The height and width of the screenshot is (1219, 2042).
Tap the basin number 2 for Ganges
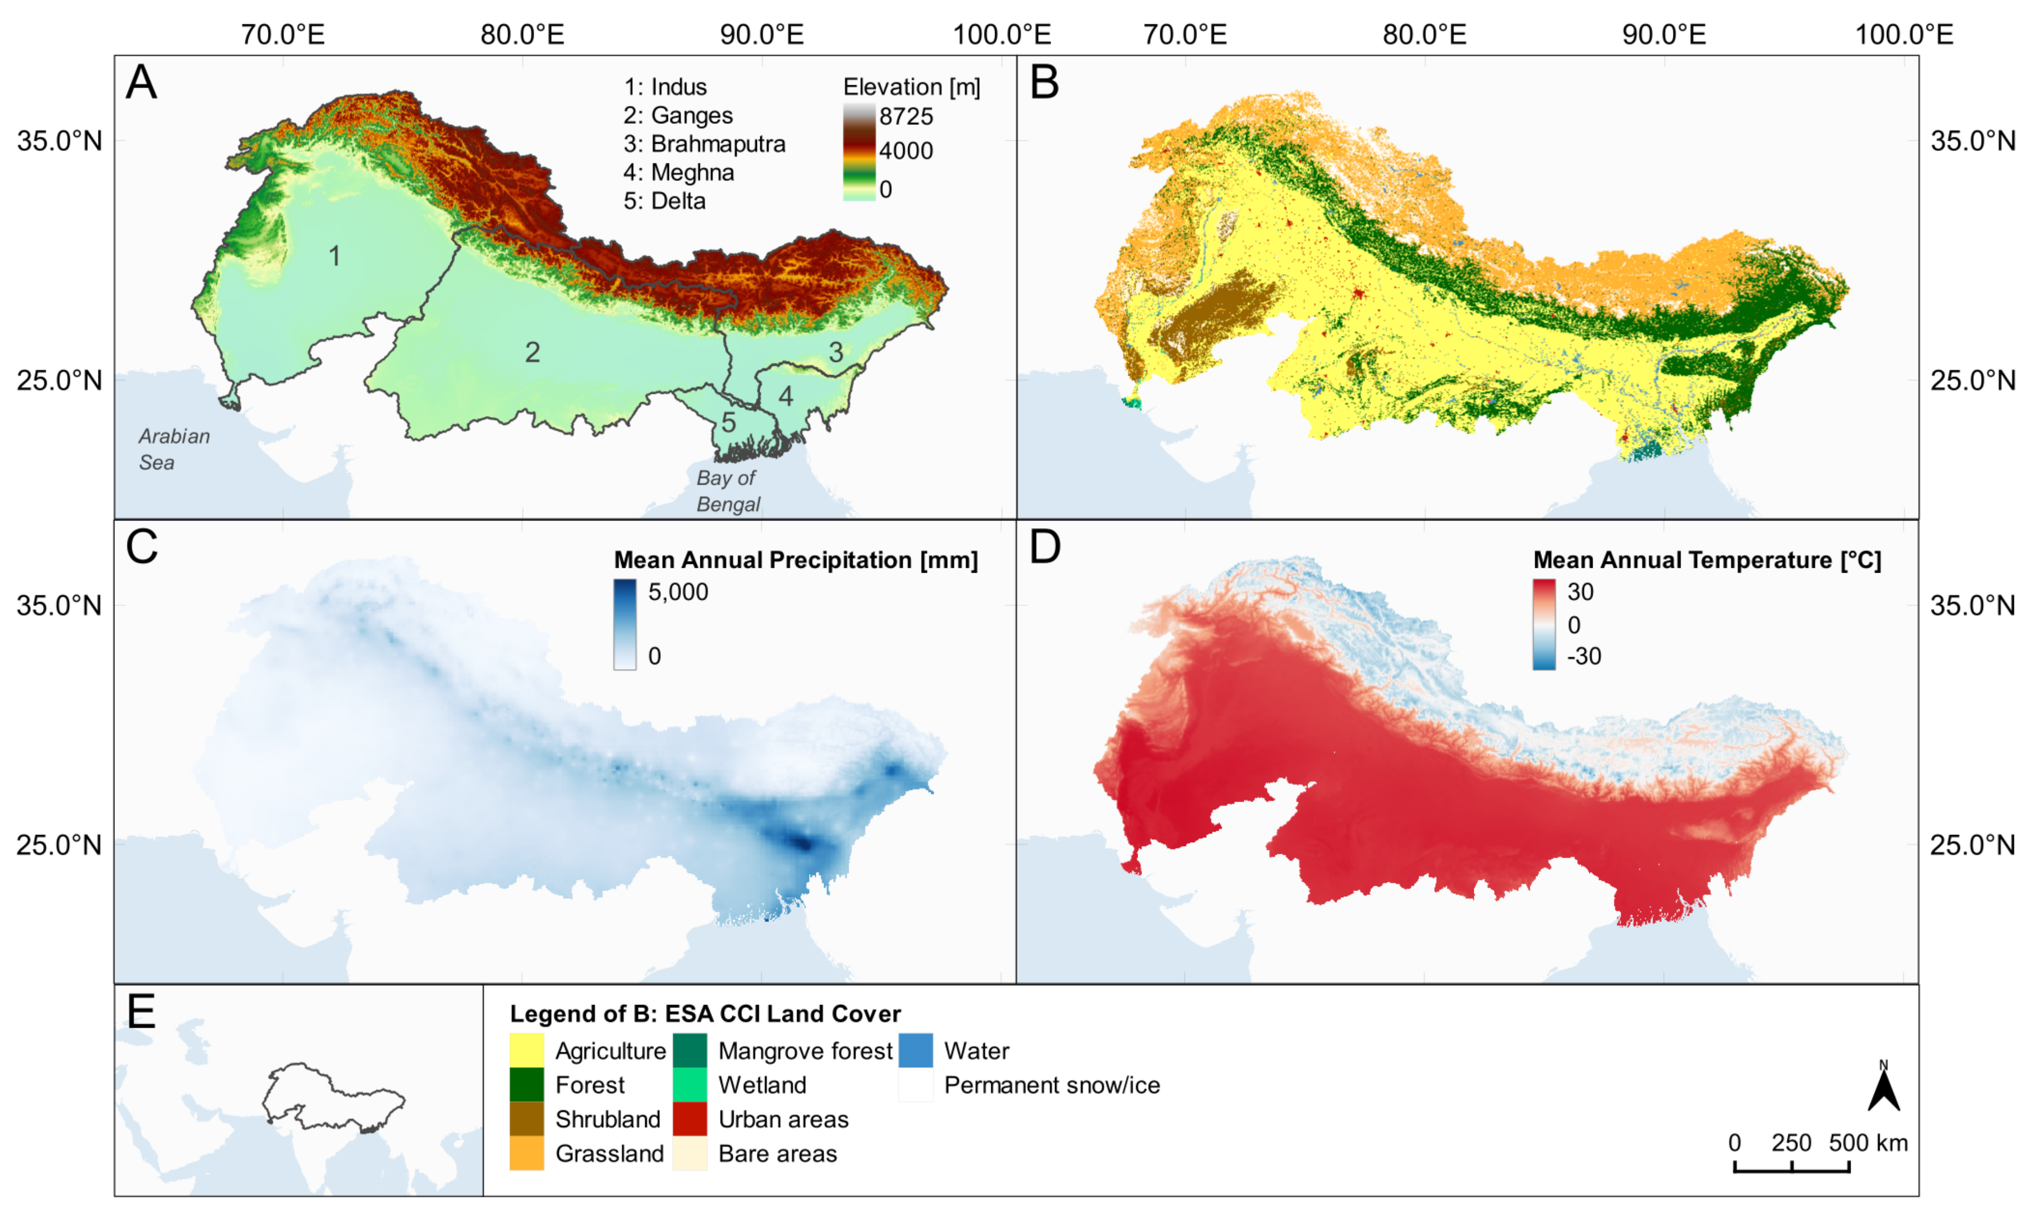533,353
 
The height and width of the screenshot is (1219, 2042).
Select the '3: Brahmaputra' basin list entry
704,144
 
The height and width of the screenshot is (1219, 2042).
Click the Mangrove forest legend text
804,1051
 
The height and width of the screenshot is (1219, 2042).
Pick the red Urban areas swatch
689,1119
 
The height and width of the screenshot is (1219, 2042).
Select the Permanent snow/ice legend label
1051,1085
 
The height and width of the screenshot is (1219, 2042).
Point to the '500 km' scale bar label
1867,1143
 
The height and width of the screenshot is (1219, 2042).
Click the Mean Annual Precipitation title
795,560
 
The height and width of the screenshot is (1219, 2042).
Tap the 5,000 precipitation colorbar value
678,591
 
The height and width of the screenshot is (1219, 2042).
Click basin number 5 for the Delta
728,422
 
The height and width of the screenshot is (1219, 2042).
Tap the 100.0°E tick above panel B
1903,35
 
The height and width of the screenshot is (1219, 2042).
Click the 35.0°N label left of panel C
59,606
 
